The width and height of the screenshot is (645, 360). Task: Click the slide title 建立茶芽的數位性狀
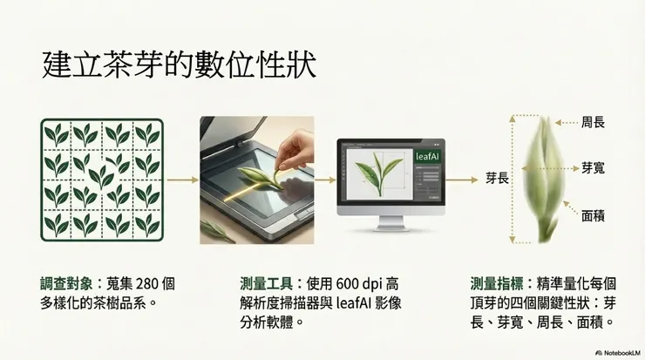point(178,66)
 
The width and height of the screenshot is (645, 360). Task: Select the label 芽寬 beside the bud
point(594,166)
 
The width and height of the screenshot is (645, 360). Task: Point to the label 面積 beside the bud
point(594,214)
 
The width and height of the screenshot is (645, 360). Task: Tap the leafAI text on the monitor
point(430,156)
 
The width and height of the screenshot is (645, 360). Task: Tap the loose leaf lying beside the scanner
point(215,231)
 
